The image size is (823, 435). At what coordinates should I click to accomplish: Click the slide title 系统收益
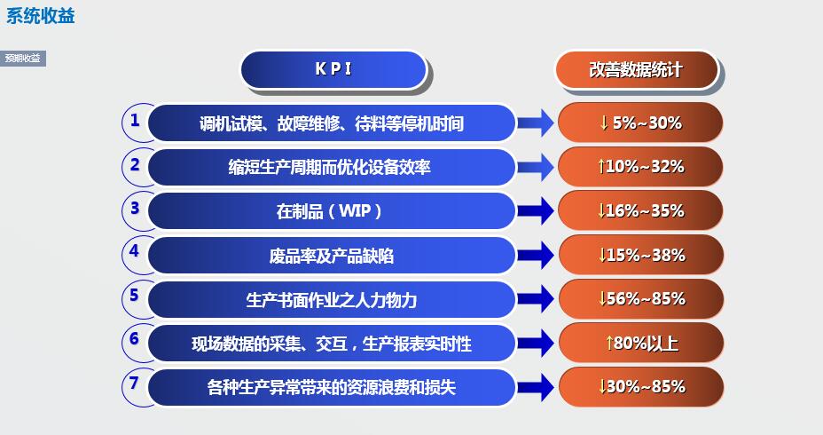point(40,15)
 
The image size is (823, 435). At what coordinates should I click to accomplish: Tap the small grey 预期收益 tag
point(22,59)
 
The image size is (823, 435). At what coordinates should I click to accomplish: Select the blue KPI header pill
point(333,69)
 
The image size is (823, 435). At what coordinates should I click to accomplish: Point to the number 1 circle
point(135,120)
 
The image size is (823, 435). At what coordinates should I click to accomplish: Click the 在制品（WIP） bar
point(330,211)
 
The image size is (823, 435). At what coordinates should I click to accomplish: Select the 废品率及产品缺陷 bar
point(330,256)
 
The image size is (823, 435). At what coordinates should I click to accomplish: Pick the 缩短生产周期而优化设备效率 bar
point(330,167)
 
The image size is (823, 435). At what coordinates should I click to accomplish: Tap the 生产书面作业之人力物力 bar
point(330,299)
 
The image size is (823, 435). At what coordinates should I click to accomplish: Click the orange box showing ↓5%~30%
point(640,123)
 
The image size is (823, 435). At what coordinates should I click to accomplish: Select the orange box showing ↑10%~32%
point(640,166)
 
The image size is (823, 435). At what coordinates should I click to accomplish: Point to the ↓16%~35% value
point(640,210)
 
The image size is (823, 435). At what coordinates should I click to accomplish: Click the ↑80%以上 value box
point(640,343)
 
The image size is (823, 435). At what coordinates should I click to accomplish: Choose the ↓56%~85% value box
point(640,298)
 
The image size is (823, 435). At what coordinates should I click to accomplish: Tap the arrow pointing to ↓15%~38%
point(536,256)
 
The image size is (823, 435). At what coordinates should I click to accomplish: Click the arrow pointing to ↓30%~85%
point(536,387)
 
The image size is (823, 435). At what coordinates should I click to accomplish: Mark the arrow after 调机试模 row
point(536,123)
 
